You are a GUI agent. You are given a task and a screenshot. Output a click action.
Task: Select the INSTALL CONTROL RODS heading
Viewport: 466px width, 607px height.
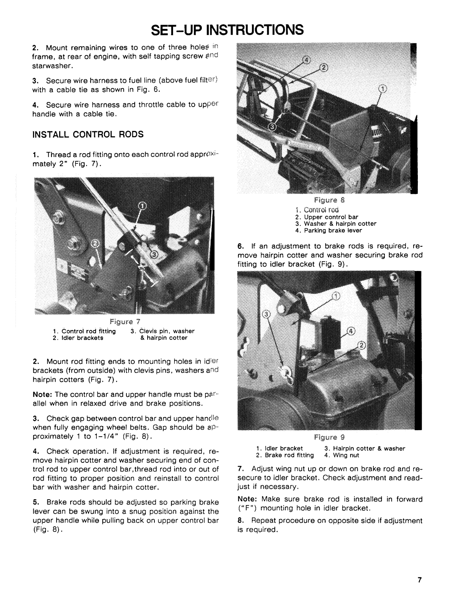[88, 134]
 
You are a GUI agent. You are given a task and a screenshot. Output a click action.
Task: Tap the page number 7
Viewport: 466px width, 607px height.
[419, 590]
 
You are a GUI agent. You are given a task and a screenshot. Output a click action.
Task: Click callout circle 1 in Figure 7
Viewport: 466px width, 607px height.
[142, 206]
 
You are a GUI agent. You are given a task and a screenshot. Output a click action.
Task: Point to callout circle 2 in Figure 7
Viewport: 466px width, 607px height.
[96, 243]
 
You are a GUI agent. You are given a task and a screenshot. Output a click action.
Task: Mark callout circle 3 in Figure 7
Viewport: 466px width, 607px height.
[153, 254]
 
